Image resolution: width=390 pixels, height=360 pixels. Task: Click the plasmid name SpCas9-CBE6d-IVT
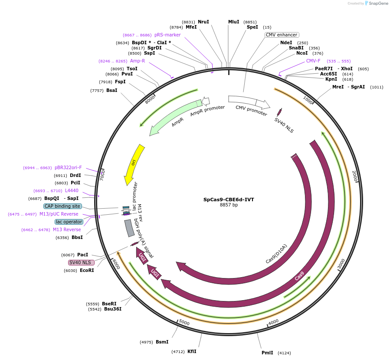229,200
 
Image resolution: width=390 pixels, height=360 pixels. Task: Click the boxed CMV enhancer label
282,35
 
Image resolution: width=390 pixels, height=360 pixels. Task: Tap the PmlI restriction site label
267,353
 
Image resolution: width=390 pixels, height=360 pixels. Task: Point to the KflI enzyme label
192,351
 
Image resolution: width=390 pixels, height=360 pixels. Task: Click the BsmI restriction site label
162,342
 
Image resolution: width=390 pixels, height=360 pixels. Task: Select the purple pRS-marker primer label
167,35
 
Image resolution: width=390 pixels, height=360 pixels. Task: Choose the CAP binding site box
62,206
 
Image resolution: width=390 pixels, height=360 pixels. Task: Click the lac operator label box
69,222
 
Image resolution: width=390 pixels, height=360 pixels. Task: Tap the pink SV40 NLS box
81,262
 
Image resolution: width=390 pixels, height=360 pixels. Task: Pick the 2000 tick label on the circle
354,176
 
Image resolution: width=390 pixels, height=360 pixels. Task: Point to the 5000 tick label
184,323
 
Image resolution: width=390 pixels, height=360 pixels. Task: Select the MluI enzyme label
233,22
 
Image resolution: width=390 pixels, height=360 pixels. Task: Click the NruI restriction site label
203,22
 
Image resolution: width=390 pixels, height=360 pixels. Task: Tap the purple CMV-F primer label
313,61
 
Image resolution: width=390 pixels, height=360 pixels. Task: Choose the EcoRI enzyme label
87,270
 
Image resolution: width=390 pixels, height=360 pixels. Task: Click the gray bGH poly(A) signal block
129,228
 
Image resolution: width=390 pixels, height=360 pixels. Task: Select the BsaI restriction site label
111,90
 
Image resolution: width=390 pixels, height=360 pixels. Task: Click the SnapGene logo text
377,3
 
